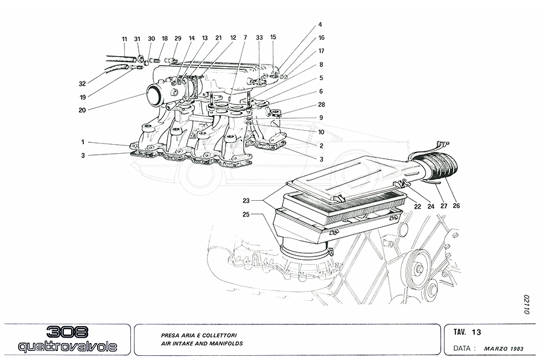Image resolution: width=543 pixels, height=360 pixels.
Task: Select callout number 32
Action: [83, 84]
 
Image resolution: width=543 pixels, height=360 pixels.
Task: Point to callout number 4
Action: [321, 25]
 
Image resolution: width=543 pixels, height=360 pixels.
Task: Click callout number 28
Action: [321, 105]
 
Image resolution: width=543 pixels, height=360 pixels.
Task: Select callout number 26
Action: [457, 206]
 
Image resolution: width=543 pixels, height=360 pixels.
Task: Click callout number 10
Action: [321, 132]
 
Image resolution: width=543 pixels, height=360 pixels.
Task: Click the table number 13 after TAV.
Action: [477, 332]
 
